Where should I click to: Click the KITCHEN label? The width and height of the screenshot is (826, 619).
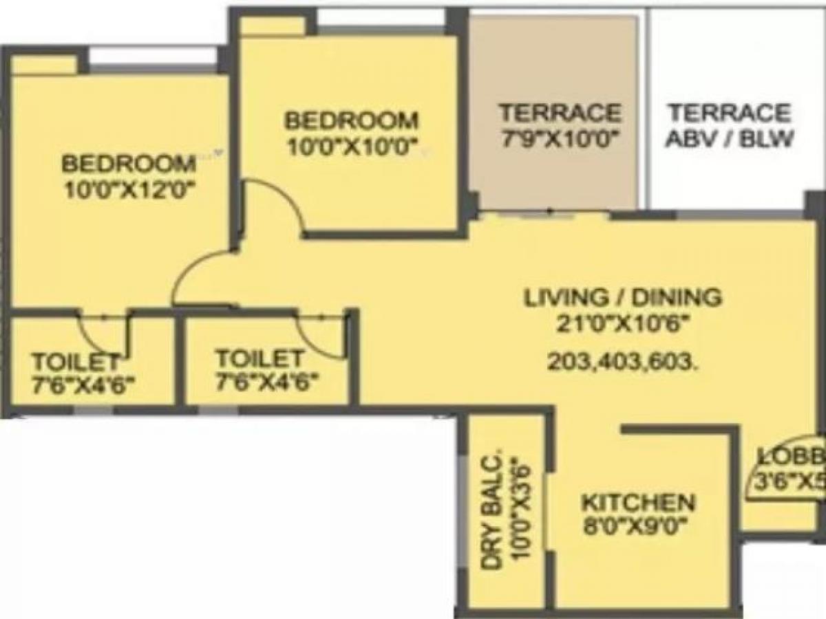638,502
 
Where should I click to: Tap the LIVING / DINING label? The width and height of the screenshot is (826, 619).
623,298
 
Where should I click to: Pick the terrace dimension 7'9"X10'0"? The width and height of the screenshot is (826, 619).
560,138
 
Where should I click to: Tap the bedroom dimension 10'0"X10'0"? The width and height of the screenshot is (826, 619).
351,146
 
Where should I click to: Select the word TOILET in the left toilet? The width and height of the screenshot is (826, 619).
76,361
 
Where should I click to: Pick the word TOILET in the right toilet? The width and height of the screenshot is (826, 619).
260,358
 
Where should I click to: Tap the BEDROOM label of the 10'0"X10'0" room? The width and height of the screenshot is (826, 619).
351,120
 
